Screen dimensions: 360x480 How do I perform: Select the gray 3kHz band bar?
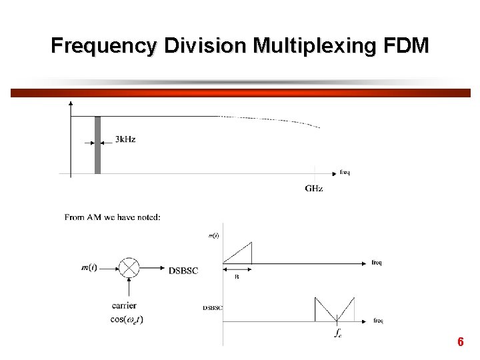click(97, 145)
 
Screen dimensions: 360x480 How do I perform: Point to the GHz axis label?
click(314, 189)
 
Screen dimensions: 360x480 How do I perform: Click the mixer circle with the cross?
click(129, 268)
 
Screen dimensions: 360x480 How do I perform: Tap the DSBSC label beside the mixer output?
click(183, 270)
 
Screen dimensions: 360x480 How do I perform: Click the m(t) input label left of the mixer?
click(89, 268)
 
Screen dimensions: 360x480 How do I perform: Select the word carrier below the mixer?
click(125, 306)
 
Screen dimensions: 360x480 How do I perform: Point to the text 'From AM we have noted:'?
click(112, 217)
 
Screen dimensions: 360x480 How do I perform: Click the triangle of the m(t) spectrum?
click(241, 255)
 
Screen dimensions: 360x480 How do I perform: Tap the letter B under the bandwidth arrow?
click(237, 277)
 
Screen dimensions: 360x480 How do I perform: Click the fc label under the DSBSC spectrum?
click(339, 332)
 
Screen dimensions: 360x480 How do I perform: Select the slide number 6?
click(460, 342)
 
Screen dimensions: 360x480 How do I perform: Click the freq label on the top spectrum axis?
click(345, 173)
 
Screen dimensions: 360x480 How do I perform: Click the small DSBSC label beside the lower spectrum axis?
click(213, 308)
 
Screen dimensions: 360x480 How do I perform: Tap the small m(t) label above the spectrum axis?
click(214, 236)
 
